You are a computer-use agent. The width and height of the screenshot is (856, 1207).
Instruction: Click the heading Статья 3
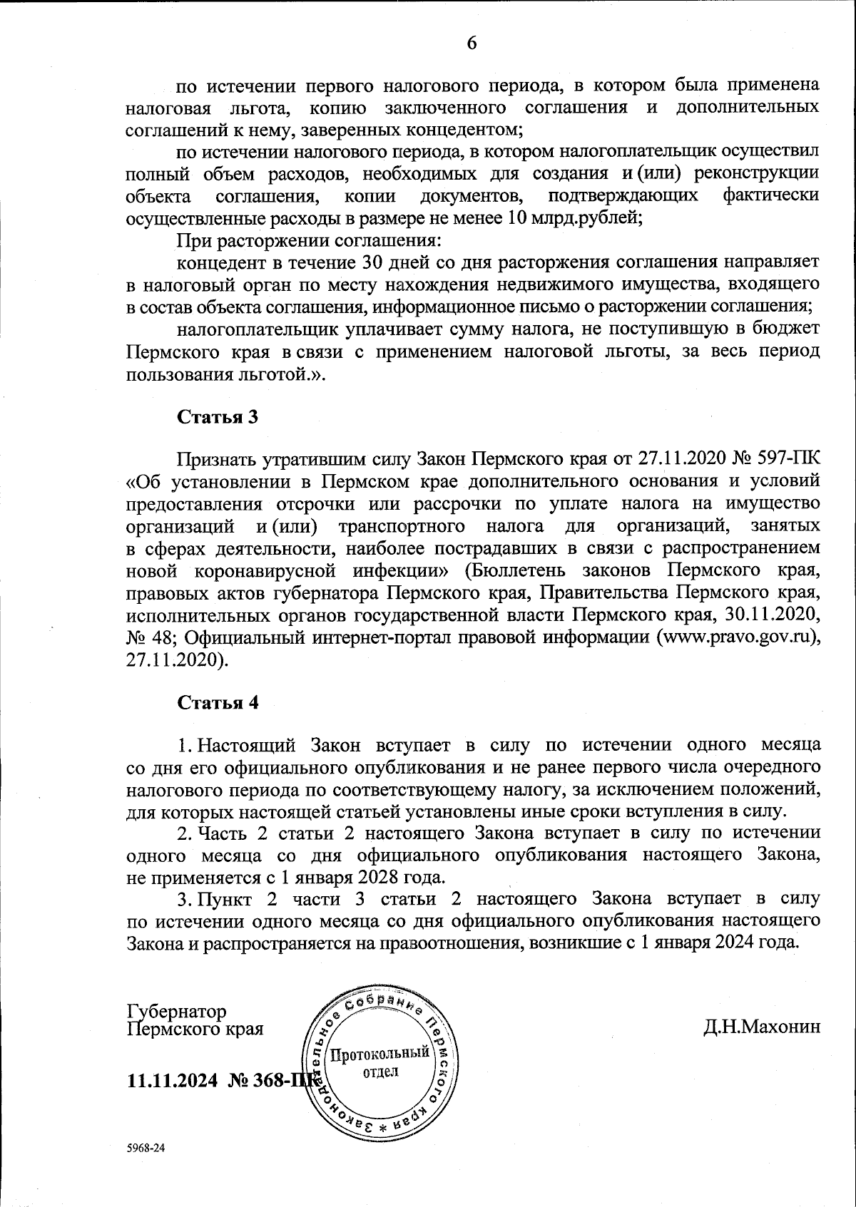217,416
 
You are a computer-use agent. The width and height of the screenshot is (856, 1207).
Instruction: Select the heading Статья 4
218,702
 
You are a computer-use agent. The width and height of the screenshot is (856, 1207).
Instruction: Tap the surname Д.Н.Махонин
761,1027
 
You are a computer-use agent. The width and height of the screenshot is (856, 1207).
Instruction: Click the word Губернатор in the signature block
176,1012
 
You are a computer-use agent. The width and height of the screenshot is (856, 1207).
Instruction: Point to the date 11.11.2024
171,1080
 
